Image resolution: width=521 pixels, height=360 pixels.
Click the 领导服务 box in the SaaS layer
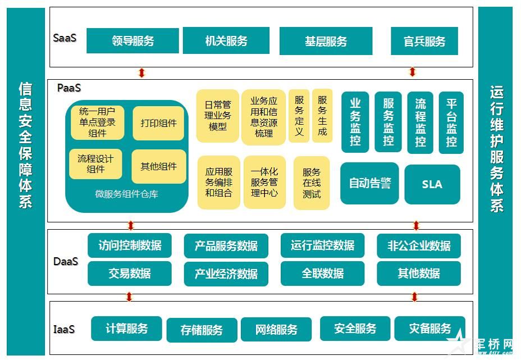[x=132, y=41]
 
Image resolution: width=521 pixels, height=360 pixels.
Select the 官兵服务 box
[x=424, y=41]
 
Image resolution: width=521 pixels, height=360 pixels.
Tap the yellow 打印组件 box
[x=158, y=123]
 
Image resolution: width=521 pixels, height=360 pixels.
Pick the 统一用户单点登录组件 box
[x=97, y=122]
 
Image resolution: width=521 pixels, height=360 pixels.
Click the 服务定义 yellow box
[x=299, y=115]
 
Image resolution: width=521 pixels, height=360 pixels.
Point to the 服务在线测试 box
[x=311, y=183]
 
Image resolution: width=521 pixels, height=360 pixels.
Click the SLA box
[x=432, y=184]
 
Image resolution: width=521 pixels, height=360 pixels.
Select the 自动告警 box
[x=369, y=183]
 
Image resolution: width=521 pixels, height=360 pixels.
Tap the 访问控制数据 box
[x=130, y=245]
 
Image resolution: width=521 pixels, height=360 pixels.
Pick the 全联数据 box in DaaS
[x=323, y=274]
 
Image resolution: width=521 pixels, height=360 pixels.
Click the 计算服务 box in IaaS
[x=126, y=329]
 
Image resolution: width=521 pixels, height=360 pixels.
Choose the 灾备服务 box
[x=429, y=329]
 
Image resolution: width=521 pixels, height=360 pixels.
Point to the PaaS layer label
[x=68, y=88]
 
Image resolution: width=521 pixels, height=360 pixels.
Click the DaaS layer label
[x=66, y=261]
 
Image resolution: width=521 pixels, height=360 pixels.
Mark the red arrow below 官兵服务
[x=413, y=72]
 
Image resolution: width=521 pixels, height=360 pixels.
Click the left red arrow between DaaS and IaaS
[x=130, y=297]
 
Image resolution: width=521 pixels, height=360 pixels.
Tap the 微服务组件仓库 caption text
[x=126, y=194]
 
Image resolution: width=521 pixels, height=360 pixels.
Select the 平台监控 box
[x=451, y=122]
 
